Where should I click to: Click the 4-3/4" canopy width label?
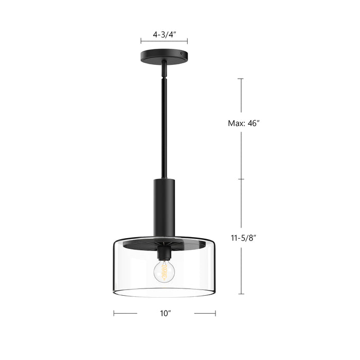point(164,35)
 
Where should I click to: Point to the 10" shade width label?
point(164,312)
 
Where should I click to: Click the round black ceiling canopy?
point(164,55)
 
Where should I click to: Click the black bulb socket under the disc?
point(164,254)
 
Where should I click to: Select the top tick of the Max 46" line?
point(240,78)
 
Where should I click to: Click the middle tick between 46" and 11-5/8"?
point(240,179)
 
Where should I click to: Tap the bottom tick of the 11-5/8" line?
point(240,294)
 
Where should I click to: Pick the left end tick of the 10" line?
point(114,312)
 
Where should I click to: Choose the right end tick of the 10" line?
point(215,312)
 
